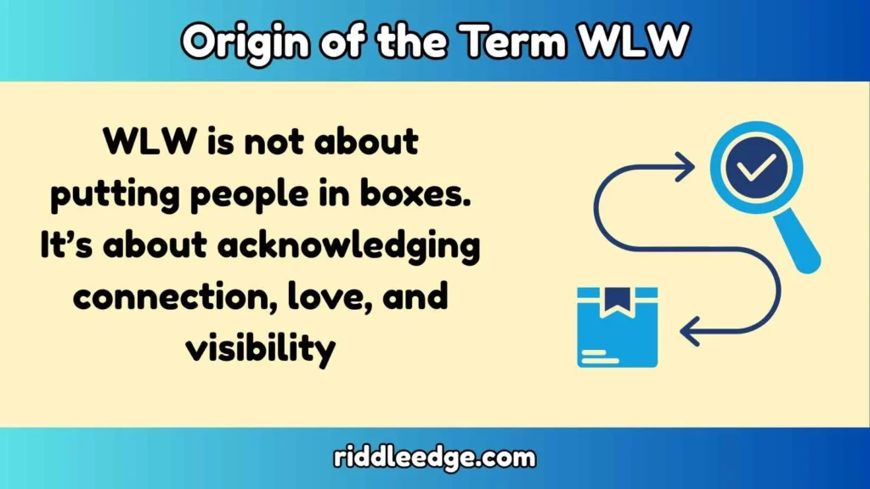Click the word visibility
point(260,349)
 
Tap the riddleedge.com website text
point(434,458)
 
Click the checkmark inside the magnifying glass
point(749,166)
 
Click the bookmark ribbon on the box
point(617,300)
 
